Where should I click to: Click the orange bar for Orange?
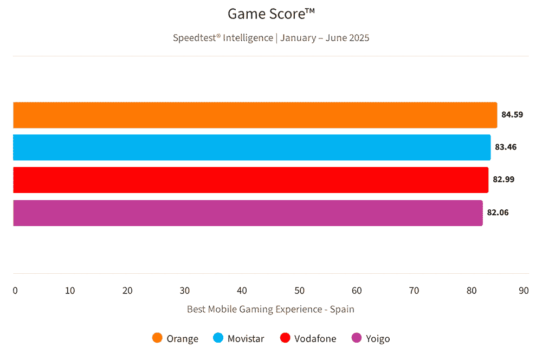coord(255,115)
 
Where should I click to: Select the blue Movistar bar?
coord(251,147)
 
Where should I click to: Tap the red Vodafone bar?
coord(250,179)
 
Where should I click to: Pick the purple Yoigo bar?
coord(248,213)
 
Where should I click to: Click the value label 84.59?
coord(512,115)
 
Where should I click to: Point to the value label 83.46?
coord(506,147)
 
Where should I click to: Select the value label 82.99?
coord(504,179)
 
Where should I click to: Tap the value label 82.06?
coord(498,213)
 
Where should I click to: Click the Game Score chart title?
coord(271,14)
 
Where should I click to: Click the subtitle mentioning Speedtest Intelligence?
coord(271,38)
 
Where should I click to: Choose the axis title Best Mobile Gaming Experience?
coord(270,309)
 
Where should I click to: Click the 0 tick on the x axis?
coord(15,291)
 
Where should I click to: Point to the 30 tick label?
coord(185,291)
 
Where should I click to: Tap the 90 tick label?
coord(524,291)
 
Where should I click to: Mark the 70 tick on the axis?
coord(414,291)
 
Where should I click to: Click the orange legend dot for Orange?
coord(158,338)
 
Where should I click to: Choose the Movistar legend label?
coord(246,339)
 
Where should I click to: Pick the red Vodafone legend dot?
coord(285,338)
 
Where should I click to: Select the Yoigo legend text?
coord(378,339)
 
